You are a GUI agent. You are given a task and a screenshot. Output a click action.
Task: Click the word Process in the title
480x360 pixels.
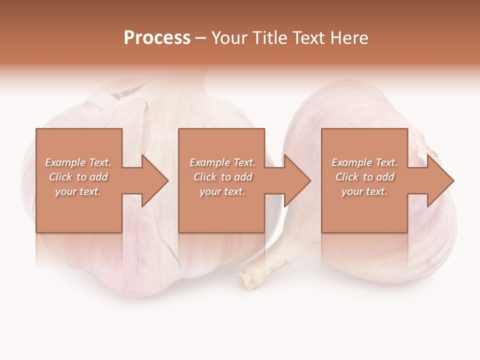pos(157,38)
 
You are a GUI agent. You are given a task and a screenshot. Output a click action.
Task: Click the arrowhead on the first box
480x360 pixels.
pos(154,180)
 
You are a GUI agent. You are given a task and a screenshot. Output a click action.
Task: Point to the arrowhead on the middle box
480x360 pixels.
pos(297,180)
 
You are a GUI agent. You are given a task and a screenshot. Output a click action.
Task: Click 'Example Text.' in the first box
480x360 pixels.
pos(78,162)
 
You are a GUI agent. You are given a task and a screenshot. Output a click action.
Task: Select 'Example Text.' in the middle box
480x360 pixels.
pos(222,162)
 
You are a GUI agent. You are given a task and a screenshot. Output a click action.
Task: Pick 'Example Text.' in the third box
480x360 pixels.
pos(364,162)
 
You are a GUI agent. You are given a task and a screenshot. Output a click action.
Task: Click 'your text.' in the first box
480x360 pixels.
pos(78,191)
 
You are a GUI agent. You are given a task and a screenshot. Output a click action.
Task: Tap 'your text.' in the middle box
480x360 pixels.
pos(222,191)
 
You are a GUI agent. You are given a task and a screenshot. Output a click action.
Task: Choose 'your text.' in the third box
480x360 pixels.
pos(364,191)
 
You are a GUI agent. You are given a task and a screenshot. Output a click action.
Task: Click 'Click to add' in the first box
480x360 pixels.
pos(78,177)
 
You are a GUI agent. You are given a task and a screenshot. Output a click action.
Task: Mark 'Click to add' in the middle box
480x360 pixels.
pos(222,177)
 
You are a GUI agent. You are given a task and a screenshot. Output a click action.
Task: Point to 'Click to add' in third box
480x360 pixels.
pos(364,177)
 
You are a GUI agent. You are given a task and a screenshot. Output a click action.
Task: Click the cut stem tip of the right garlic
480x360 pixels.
pos(248,280)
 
